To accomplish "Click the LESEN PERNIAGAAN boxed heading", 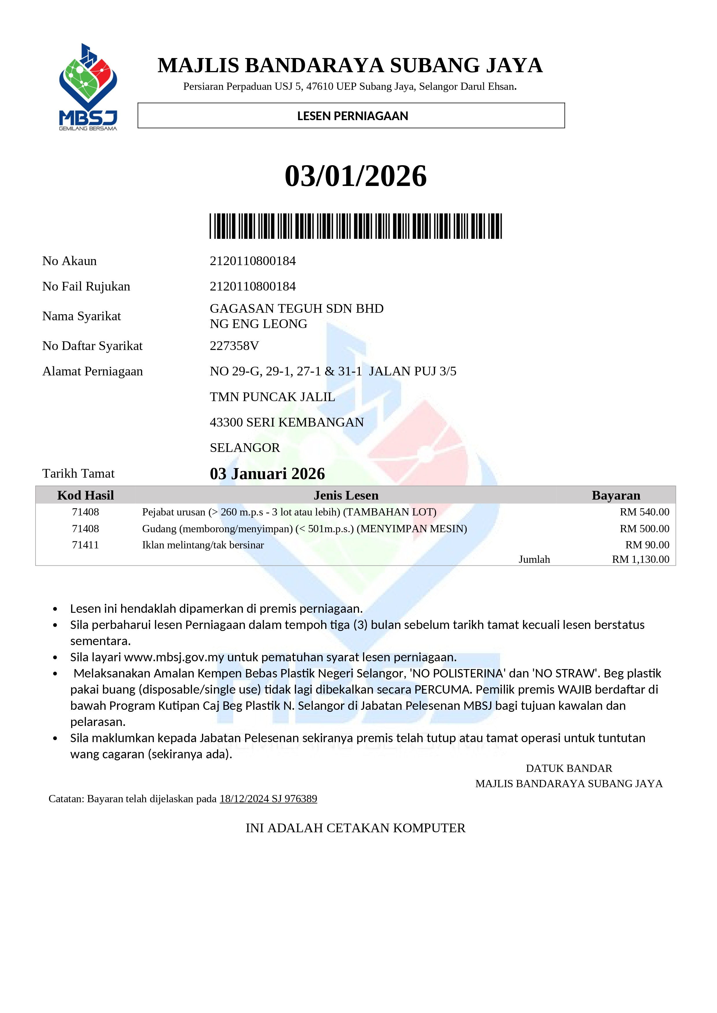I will click(352, 116).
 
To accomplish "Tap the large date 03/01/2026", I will click(355, 176).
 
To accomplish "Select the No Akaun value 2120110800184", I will click(253, 261).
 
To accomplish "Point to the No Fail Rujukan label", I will click(86, 286).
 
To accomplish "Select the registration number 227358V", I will click(234, 346).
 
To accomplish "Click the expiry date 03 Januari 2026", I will click(267, 474).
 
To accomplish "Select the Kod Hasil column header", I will click(85, 496).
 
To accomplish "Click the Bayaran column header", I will click(616, 496).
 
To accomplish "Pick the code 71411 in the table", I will click(85, 545).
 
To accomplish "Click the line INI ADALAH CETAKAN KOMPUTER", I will click(355, 828).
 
